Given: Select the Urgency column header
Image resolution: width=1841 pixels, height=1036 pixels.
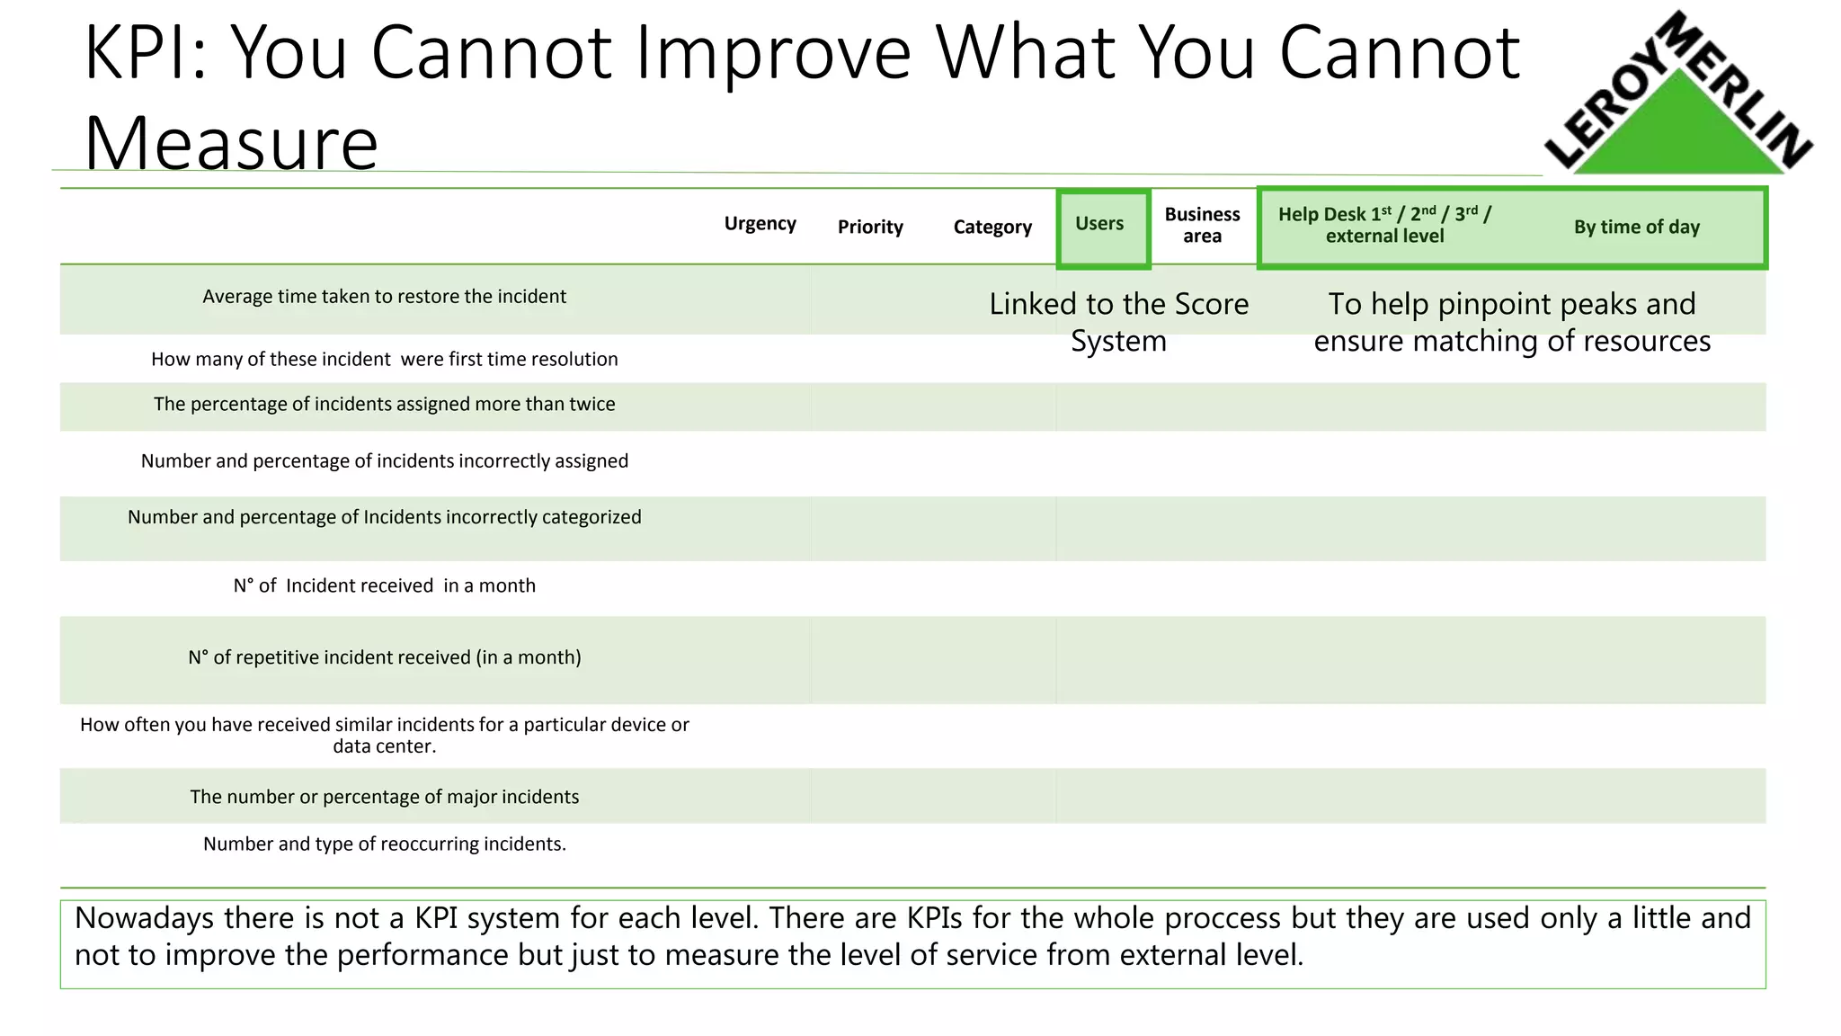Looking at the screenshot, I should pos(760,224).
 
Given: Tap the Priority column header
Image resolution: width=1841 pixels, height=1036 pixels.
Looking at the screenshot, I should pos(870,227).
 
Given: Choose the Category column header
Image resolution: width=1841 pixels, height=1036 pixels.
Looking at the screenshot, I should pos(992,227).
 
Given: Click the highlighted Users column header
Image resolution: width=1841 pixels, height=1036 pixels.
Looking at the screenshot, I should pos(1099,224).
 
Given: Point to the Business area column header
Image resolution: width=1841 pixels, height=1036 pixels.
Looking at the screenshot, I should pos(1202,225).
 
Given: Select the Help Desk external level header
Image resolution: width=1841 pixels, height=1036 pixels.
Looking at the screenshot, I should pos(1384,225).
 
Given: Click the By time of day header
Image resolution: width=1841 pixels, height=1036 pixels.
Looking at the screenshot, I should pos(1636,227).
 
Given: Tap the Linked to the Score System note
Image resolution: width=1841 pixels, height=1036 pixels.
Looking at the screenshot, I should pos(1118,322).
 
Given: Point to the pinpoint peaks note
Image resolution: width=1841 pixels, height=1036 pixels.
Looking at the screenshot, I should pos(1512,322).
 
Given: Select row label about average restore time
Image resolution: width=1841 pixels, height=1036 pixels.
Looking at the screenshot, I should pos(384,297).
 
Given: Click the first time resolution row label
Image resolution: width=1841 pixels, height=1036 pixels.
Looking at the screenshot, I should pos(384,359).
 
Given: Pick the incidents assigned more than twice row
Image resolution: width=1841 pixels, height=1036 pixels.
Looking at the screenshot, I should pos(384,404).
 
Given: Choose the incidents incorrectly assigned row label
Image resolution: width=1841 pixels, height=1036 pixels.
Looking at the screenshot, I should pos(384,460).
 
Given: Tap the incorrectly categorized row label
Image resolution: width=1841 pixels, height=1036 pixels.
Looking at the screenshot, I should pos(384,517).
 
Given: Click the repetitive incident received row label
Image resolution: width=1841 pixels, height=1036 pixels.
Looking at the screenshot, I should pos(384,657).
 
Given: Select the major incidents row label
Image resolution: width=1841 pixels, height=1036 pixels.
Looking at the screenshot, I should pos(384,797).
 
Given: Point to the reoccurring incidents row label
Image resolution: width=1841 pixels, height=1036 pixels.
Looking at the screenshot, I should pos(384,844).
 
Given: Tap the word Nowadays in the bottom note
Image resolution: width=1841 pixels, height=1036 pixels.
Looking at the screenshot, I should pos(144,918).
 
